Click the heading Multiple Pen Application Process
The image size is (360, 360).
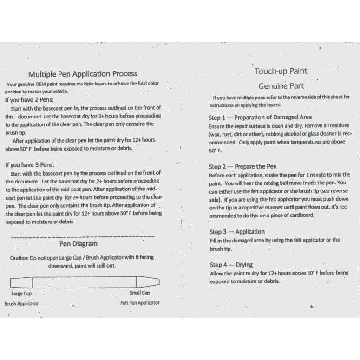tap(83, 74)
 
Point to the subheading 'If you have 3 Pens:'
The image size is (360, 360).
tap(29, 165)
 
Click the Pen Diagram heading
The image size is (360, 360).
tap(79, 243)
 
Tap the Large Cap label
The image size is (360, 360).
tap(21, 293)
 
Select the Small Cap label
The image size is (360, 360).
tap(140, 293)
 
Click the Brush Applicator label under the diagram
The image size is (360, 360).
tap(22, 303)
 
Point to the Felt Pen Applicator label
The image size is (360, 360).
tap(139, 303)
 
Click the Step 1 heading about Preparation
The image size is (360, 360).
tap(260, 118)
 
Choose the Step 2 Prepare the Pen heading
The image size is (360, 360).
tap(243, 166)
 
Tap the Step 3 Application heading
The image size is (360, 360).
tap(237, 232)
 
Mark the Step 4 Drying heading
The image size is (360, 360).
tap(231, 265)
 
